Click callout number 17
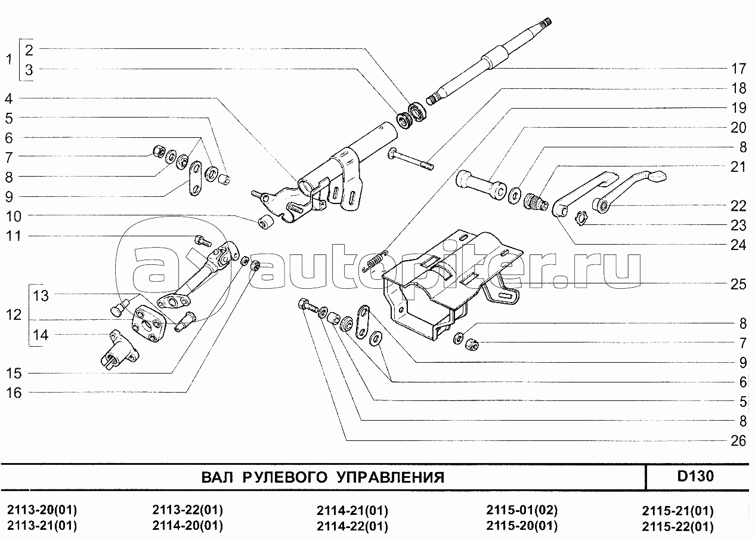pos(738,68)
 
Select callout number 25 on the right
pos(738,284)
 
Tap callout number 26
pos(738,441)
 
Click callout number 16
pos(13,393)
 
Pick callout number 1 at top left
pos(8,60)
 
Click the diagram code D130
pos(695,477)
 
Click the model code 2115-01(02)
pos(522,511)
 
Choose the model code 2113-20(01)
pos(42,511)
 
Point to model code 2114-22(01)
pos(352,526)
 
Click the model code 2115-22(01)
pos(677,527)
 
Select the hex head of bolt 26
pos(302,305)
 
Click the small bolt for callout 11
pos(203,241)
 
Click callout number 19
pos(738,108)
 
